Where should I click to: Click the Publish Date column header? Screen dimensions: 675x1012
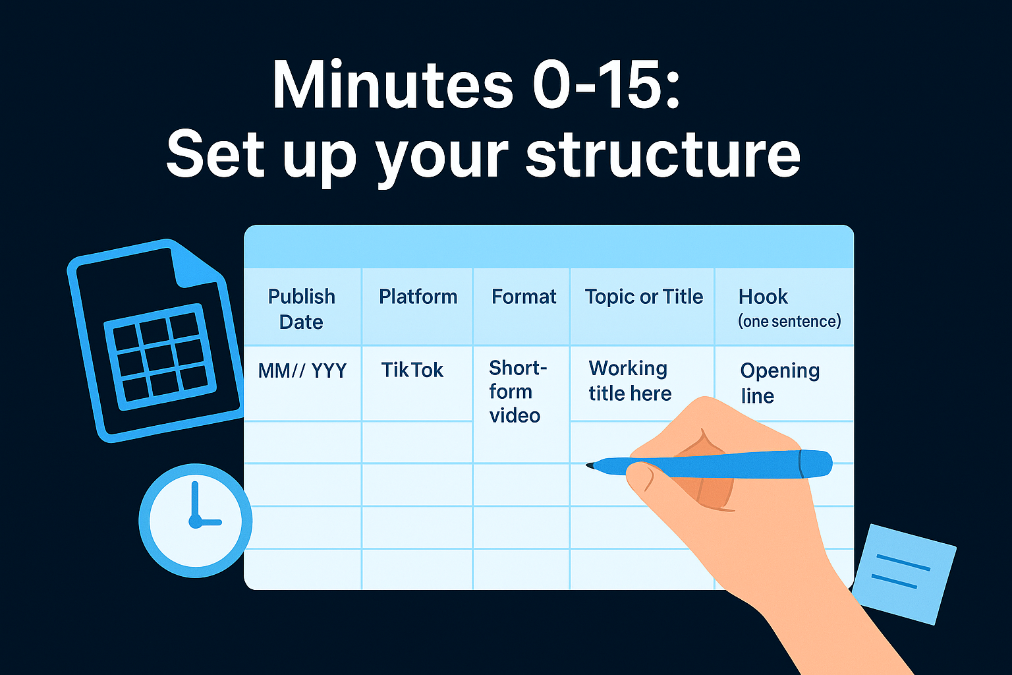[302, 308]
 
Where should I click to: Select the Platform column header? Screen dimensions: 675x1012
[418, 297]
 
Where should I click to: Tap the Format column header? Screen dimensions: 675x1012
[524, 297]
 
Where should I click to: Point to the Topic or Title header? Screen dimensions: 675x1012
[644, 297]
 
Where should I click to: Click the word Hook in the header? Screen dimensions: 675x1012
[763, 297]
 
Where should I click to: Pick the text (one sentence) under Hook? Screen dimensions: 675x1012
[789, 321]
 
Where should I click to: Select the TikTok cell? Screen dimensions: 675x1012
[412, 370]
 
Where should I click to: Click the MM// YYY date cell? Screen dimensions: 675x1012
[302, 370]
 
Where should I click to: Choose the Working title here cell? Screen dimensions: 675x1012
[629, 380]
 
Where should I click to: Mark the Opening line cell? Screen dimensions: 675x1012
[779, 382]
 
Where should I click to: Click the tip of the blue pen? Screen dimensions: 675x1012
[588, 465]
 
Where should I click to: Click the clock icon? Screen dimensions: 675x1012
[195, 520]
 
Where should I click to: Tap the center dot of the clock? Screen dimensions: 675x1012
[195, 521]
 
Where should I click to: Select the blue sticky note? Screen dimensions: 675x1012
[903, 573]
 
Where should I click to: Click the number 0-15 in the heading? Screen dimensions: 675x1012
[605, 86]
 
